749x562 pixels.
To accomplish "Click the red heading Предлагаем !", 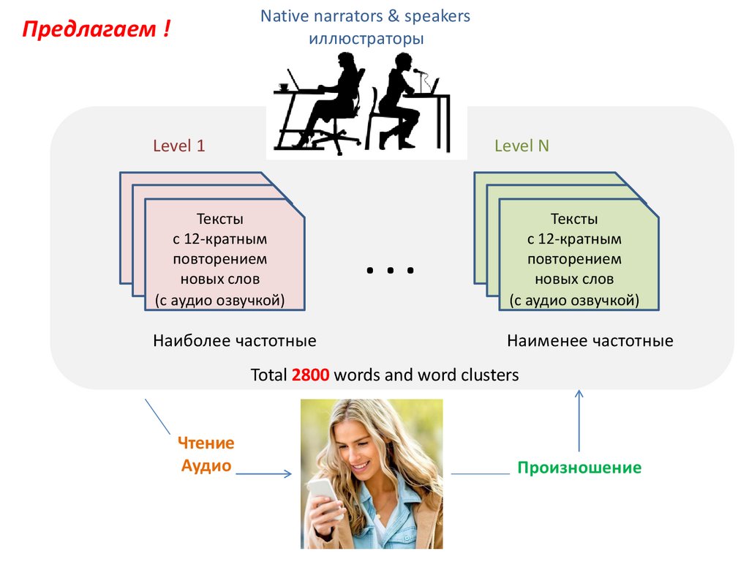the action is pos(97,31).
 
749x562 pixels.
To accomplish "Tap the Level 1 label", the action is pos(178,146).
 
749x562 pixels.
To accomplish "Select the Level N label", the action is pos(522,146).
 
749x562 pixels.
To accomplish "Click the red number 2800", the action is pos(312,375).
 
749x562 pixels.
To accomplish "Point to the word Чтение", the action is pos(206,443).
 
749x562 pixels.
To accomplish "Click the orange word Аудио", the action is pos(206,466).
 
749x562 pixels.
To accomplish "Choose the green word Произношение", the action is pos(579,468).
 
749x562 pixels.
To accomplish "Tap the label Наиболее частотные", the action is pos(234,341).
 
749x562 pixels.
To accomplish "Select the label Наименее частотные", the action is pos(590,341).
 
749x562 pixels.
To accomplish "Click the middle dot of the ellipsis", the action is pos(391,271).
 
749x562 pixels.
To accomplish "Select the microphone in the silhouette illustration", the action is pos(418,72).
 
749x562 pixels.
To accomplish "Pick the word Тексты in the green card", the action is pos(574,219).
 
